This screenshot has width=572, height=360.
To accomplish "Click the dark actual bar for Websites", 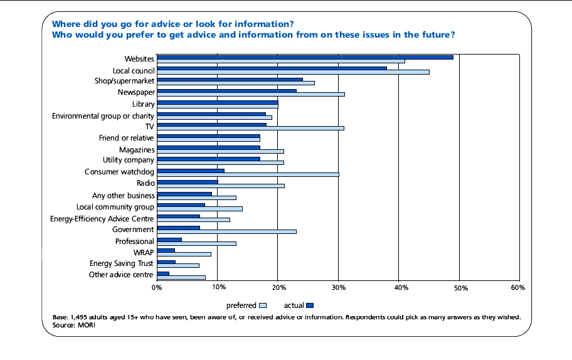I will (x=304, y=57).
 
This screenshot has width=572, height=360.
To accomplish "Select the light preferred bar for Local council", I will (x=292, y=72).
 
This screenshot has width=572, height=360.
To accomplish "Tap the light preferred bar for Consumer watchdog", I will (x=247, y=174).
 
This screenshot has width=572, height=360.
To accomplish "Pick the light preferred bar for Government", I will (x=226, y=232).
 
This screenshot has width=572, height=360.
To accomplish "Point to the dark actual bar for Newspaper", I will (x=226, y=91).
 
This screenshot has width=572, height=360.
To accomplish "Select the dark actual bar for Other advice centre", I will (x=162, y=273).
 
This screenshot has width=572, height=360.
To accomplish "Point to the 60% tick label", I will (x=517, y=287).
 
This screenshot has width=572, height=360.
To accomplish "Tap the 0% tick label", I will (x=157, y=287).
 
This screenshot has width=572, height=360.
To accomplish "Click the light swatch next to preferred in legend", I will (x=263, y=305).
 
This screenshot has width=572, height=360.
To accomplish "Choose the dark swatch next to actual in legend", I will (x=309, y=305).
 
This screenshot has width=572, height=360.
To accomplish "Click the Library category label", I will (x=143, y=104).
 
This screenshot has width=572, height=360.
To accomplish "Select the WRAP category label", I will (x=144, y=253).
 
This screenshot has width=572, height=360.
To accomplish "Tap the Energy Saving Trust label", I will (x=121, y=264).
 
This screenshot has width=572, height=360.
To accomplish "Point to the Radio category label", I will (x=145, y=184).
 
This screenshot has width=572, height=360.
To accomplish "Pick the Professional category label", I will (x=134, y=241).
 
